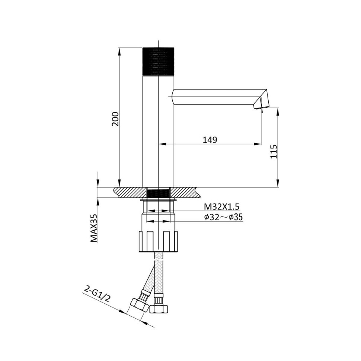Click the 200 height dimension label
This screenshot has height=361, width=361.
115,118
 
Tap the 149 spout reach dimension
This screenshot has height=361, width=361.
210,140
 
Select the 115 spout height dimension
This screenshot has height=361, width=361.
274,152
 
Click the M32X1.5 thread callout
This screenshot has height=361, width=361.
221,207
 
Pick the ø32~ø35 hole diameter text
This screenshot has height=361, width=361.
223,217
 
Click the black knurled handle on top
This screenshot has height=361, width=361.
159,61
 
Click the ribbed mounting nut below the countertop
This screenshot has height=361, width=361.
159,241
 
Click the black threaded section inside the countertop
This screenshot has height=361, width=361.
159,193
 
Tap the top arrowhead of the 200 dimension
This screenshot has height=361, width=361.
119,51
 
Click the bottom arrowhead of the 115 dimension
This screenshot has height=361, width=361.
278,184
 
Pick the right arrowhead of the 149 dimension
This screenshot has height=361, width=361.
259,144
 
